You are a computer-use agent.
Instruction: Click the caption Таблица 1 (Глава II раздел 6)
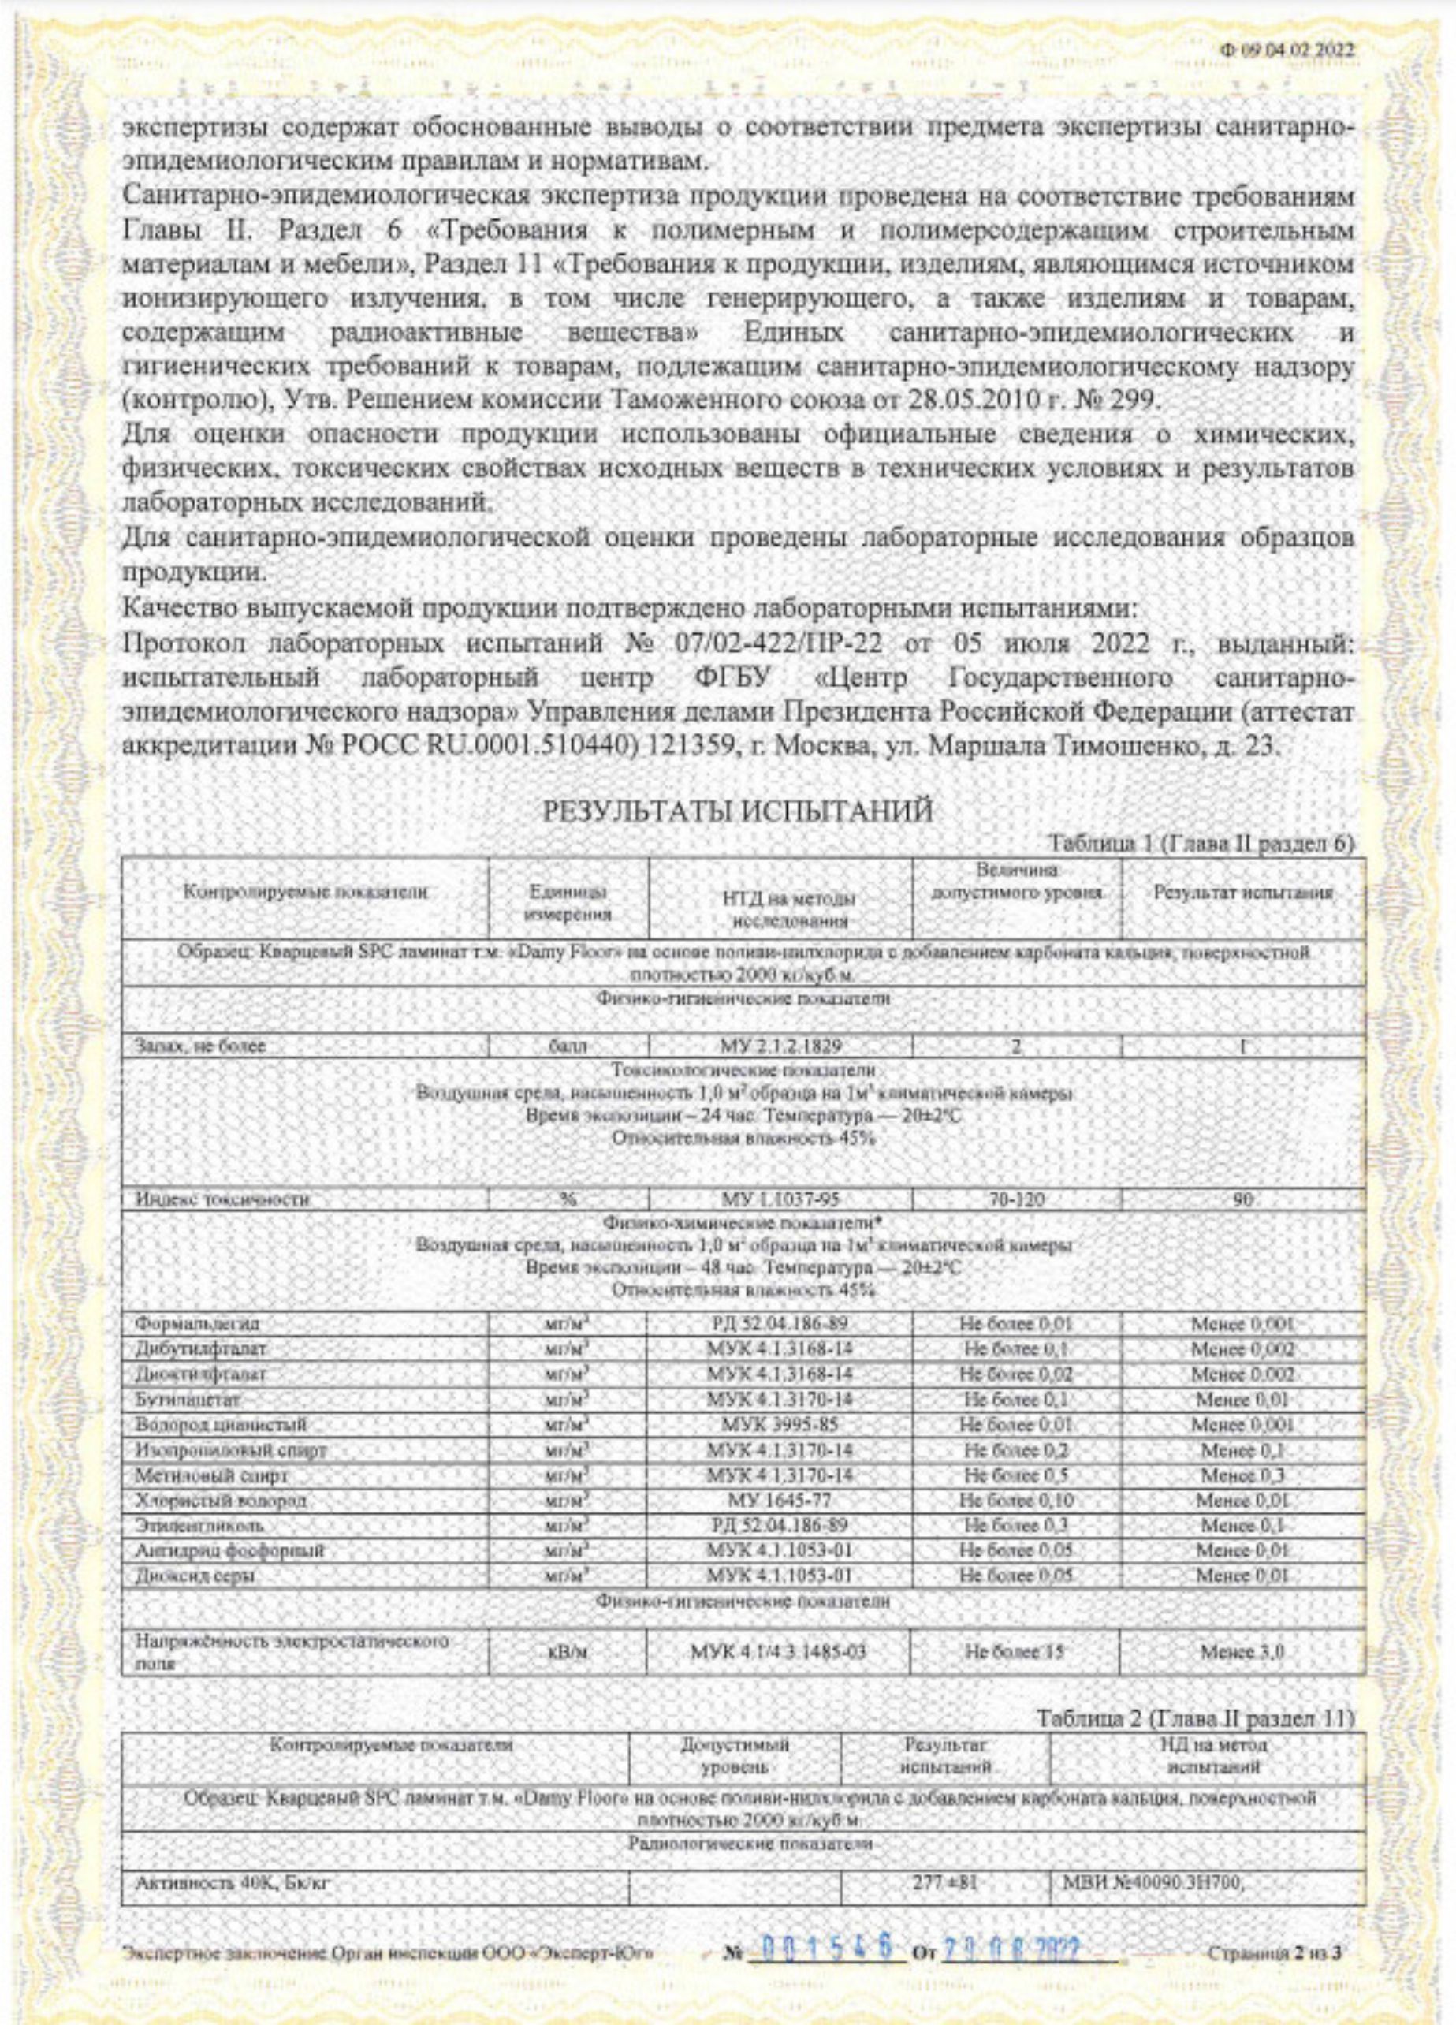click(1201, 843)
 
